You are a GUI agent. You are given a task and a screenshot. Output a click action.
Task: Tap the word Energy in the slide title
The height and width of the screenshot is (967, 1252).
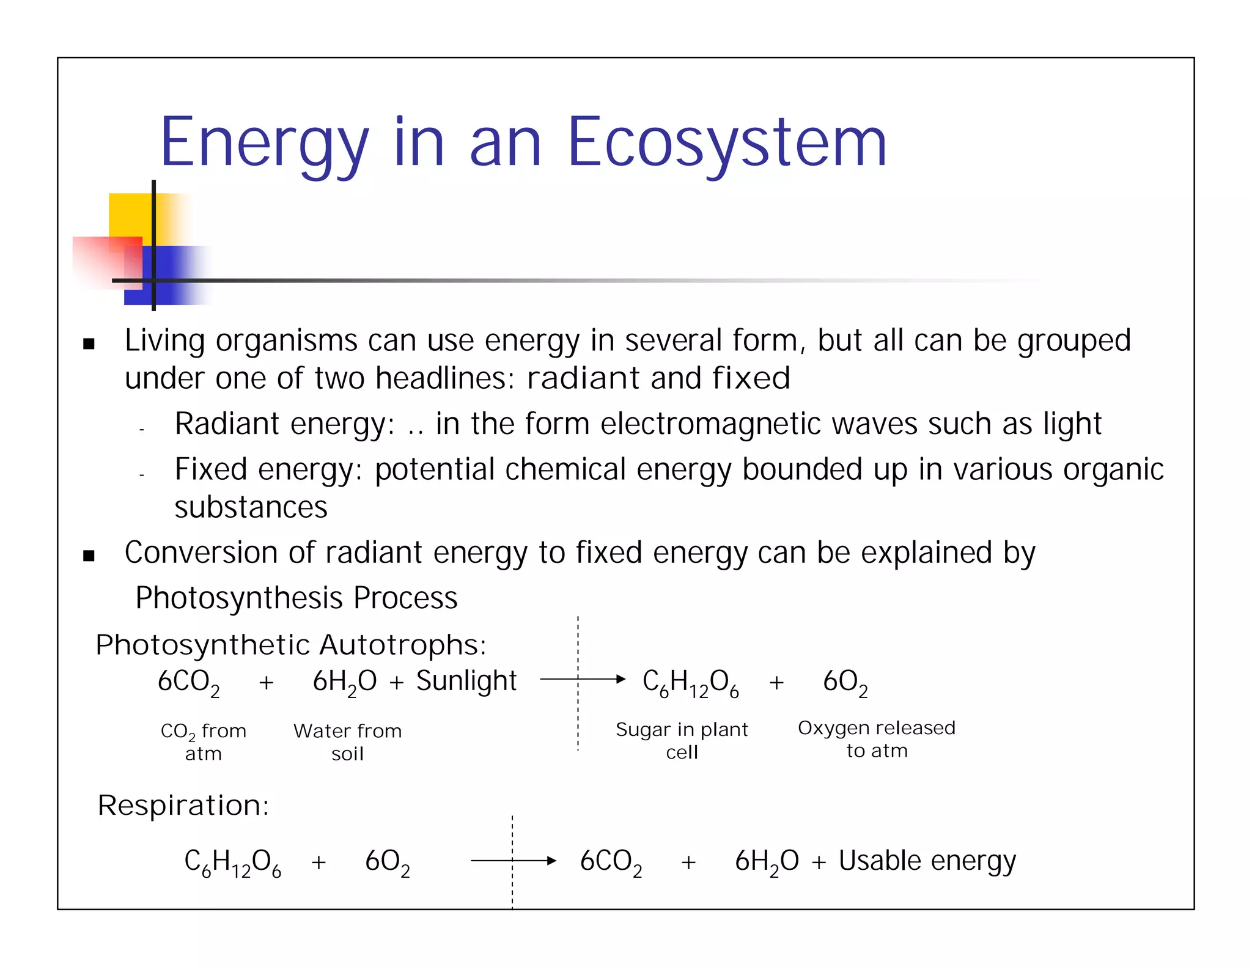264,143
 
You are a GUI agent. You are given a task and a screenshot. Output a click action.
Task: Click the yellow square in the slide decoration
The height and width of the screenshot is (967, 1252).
131,214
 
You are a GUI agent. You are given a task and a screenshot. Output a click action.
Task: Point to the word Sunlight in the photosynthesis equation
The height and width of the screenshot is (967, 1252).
466,680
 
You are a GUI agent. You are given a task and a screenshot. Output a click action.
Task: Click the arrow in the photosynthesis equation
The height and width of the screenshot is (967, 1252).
582,678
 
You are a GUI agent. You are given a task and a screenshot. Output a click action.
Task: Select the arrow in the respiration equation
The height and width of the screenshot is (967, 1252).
514,861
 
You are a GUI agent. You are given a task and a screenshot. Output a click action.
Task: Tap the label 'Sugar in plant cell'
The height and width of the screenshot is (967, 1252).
682,740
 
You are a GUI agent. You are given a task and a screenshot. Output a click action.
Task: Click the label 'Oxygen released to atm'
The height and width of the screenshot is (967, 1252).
876,738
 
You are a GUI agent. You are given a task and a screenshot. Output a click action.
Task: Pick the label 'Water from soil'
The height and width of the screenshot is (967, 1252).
347,741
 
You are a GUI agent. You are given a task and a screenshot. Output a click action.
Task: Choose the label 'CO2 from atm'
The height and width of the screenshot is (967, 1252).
204,741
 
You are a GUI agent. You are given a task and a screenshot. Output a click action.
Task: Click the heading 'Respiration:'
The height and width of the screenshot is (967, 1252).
183,805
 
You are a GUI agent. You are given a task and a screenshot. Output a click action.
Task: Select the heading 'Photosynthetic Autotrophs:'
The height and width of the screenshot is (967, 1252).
291,645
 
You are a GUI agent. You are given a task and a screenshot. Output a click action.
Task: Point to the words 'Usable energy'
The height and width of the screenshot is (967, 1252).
927,861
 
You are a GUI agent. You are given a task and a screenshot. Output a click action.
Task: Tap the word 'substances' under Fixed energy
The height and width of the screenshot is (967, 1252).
251,507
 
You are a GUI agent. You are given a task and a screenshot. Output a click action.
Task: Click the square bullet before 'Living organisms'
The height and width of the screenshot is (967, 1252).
89,344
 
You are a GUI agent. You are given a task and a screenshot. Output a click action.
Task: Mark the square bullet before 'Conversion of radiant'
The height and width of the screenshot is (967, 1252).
89,556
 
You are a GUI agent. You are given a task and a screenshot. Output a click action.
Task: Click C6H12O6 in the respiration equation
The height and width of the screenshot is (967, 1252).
232,862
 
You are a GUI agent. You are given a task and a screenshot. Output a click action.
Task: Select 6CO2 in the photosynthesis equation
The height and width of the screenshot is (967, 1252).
188,682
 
